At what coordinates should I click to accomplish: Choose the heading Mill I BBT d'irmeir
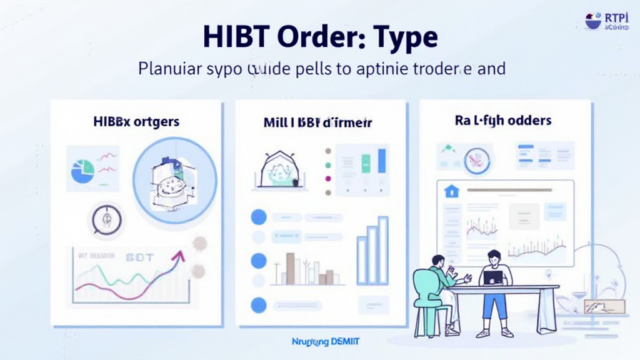click(x=318, y=122)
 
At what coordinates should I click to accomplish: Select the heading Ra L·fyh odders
click(x=503, y=120)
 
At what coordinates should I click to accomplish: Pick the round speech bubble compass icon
click(x=106, y=219)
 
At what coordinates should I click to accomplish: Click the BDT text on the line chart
click(x=139, y=257)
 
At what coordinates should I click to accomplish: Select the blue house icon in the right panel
click(x=451, y=191)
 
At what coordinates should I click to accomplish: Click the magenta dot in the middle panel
click(x=327, y=179)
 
